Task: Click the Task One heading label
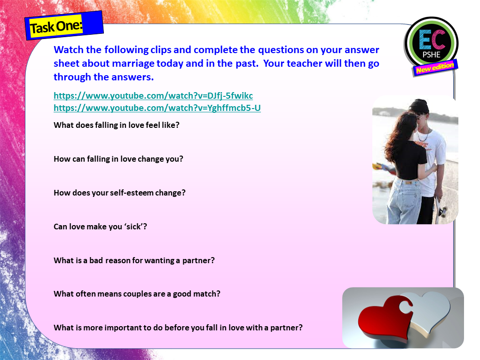(56, 27)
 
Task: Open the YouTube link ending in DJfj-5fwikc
(153, 96)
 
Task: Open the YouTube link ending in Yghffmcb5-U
(157, 108)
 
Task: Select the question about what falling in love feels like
(116, 125)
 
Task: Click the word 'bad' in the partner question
(96, 260)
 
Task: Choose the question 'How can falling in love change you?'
(118, 159)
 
